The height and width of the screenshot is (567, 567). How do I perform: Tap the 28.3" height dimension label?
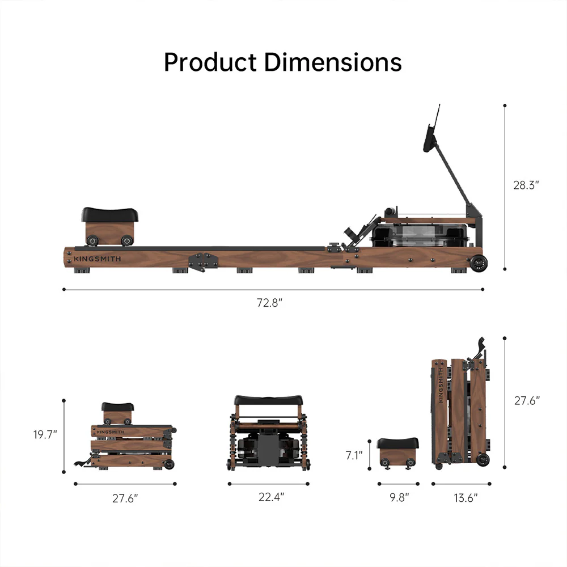coord(526,185)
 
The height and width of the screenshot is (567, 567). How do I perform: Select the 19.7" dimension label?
coord(45,435)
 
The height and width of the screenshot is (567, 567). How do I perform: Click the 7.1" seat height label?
coord(354,455)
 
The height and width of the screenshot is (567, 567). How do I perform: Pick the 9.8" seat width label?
coord(398,498)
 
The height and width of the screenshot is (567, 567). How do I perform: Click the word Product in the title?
coord(209,62)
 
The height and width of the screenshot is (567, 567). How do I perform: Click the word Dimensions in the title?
coord(333,62)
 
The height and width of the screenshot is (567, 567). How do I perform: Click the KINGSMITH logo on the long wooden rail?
coord(97,260)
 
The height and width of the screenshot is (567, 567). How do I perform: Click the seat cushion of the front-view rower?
coord(268,400)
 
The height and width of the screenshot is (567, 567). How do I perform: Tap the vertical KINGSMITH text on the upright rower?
coord(440,385)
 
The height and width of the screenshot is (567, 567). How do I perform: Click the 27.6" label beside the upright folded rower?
coord(526,400)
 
